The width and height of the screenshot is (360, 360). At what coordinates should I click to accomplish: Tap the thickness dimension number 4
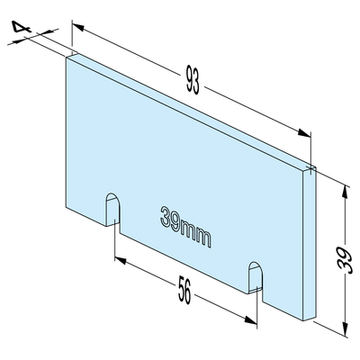(22, 27)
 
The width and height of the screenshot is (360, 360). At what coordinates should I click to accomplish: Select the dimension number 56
(184, 291)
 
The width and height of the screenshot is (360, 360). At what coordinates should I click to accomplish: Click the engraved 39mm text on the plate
(185, 227)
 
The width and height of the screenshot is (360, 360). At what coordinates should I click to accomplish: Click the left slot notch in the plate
(113, 210)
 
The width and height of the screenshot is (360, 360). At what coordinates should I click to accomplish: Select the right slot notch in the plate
(256, 277)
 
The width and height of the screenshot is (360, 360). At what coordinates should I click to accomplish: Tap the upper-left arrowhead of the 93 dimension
(78, 28)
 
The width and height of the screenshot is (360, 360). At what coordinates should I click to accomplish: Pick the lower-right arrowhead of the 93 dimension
(304, 133)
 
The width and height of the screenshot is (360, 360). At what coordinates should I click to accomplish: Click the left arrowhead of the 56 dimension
(121, 260)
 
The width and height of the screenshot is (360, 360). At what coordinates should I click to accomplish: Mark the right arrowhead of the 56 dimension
(251, 319)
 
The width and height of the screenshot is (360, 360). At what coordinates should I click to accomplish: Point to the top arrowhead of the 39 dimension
(346, 192)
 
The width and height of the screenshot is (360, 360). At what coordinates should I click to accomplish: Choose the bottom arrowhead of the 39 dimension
(345, 328)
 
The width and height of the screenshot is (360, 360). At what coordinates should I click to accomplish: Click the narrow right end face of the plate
(310, 243)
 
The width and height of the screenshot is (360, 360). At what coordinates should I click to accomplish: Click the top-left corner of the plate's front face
(67, 58)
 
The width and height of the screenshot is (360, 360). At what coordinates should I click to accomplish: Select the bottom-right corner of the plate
(303, 320)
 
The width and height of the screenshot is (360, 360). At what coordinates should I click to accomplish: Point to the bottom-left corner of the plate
(67, 207)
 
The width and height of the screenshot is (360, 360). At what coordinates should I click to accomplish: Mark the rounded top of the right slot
(256, 265)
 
